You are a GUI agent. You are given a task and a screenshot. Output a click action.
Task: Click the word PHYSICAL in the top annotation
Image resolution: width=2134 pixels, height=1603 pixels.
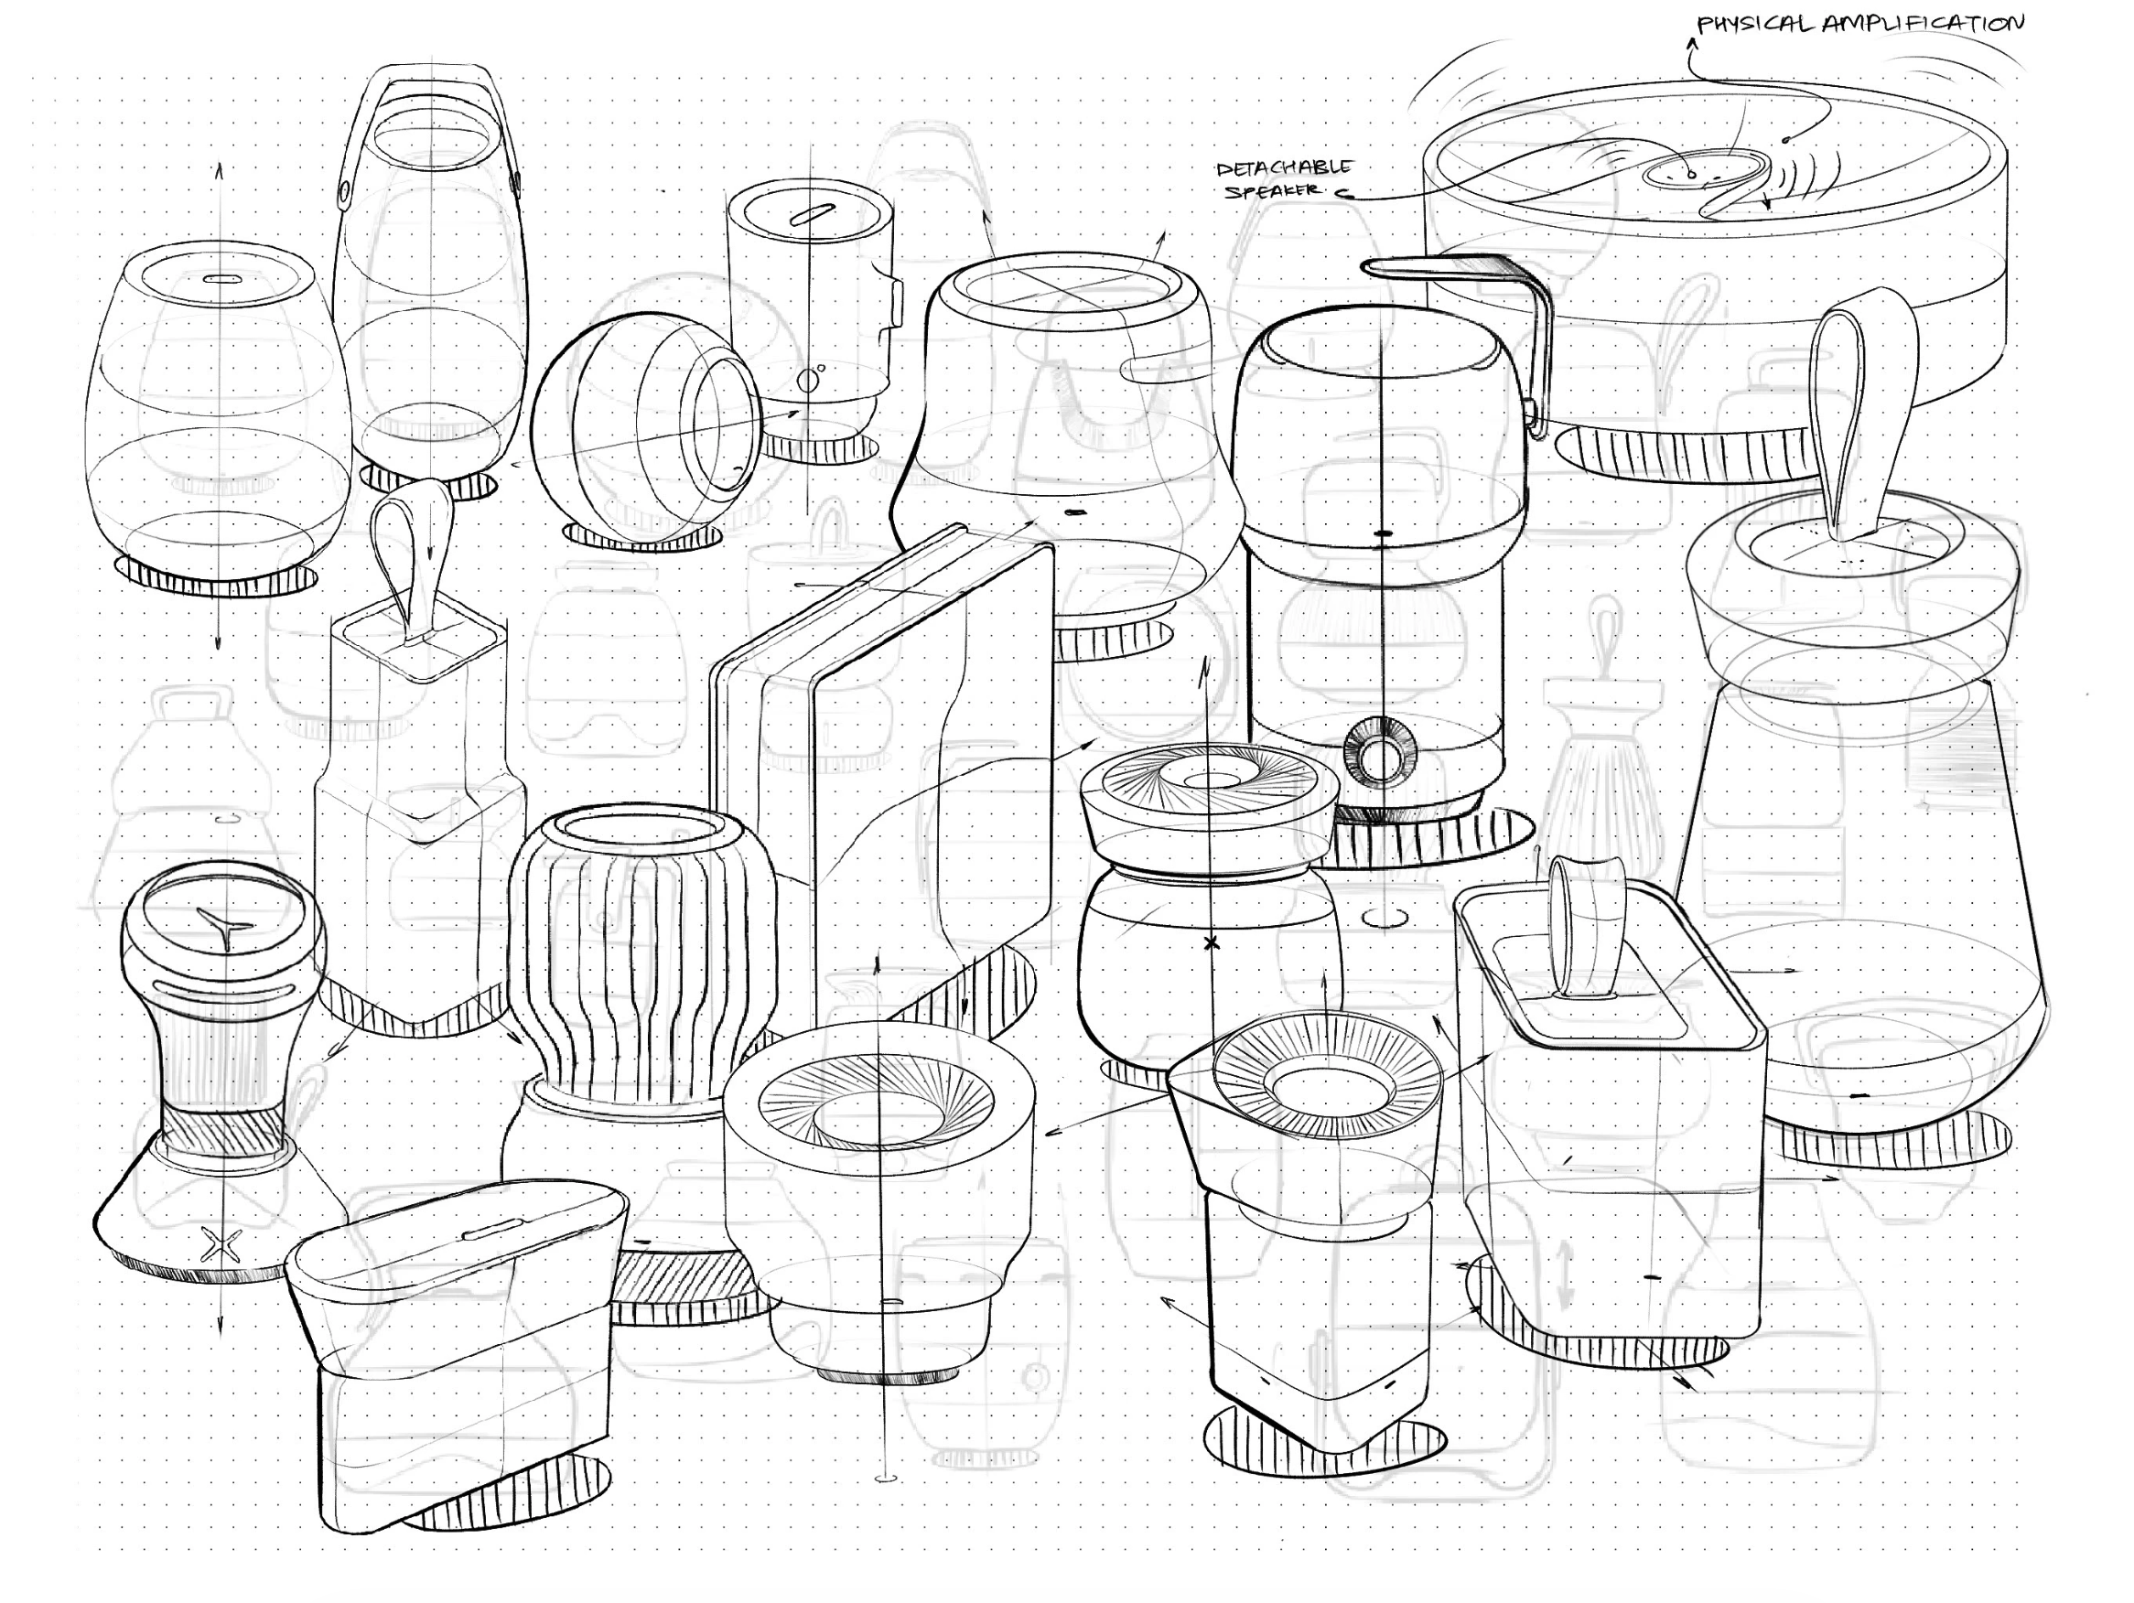[x=1755, y=23]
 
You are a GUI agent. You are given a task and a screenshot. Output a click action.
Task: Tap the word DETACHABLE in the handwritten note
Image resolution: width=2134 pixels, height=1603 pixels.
[x=1284, y=168]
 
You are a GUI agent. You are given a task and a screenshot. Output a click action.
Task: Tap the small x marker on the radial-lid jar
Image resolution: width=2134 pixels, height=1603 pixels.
[x=1212, y=943]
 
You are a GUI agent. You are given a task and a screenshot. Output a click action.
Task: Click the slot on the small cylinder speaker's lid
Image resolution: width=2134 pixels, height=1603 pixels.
[x=812, y=214]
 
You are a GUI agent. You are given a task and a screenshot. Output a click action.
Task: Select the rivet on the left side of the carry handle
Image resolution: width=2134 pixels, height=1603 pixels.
[x=344, y=190]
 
